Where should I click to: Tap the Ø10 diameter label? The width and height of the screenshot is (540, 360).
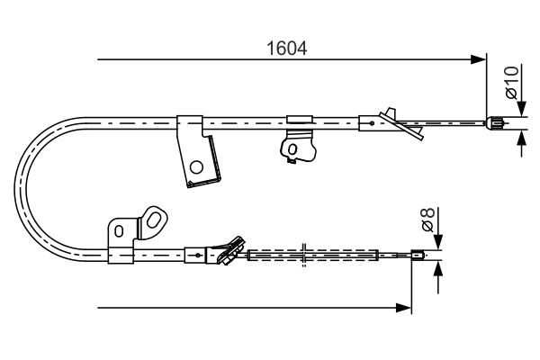pos(510,82)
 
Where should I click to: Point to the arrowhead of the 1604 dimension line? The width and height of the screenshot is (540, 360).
pos(479,60)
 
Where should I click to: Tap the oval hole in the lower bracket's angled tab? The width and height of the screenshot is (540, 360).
pos(155,220)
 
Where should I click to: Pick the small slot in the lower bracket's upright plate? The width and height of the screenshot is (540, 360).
pos(117,231)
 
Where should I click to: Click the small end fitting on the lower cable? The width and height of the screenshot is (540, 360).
pos(418,256)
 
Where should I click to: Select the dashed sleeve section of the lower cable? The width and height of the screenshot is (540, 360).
pos(311,256)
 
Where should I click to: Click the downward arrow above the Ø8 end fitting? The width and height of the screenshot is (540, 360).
pos(438,244)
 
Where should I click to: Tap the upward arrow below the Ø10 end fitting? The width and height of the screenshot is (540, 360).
pos(522,138)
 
